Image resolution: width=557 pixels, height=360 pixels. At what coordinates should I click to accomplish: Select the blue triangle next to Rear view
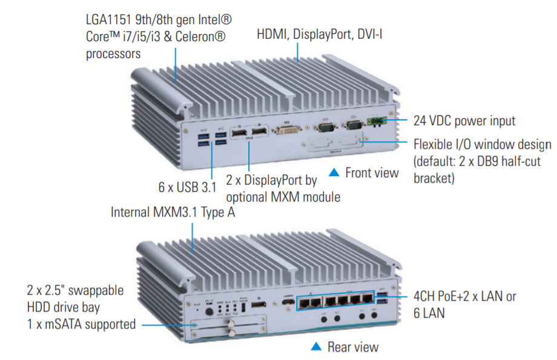click(x=315, y=347)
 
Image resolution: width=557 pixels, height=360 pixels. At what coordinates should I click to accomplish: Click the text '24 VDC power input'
click(x=464, y=120)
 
